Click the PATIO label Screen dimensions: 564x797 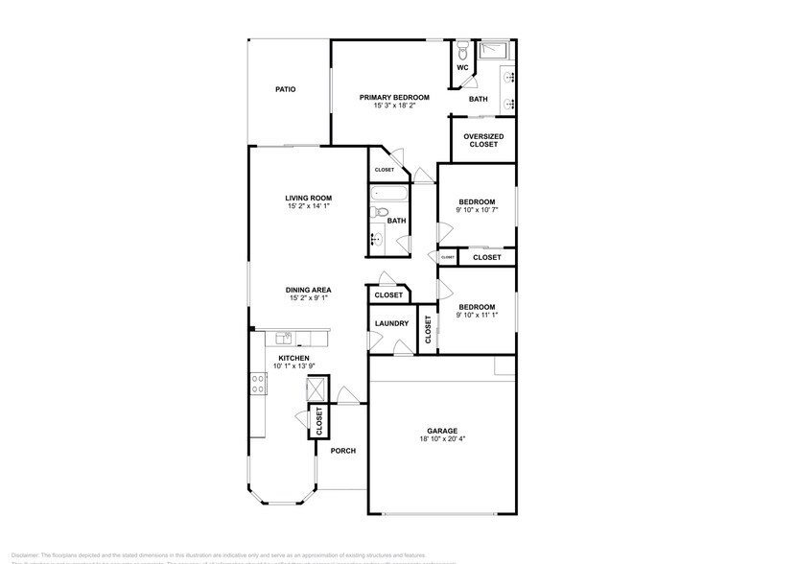285,89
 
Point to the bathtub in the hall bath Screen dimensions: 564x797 389,197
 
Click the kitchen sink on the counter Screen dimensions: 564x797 284,338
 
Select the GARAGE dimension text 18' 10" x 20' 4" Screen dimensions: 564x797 442,440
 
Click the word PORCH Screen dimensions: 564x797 343,450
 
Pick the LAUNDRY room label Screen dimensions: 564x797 391,323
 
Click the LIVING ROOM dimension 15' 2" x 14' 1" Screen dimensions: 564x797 308,206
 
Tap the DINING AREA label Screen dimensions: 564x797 308,290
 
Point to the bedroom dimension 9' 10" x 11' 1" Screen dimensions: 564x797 477,315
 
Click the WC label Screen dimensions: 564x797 462,68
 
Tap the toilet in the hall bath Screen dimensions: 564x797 381,213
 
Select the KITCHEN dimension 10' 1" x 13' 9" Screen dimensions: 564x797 293,366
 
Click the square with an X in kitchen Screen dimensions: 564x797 316,388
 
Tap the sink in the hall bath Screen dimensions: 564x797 378,240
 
